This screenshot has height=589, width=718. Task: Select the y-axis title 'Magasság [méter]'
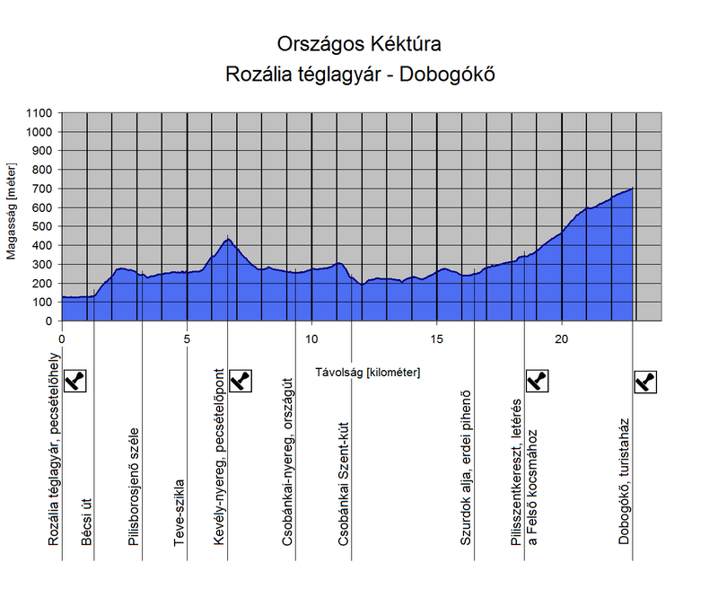point(12,217)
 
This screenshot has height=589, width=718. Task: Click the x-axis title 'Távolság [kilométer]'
point(368,371)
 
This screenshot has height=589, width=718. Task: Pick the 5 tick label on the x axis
point(187,338)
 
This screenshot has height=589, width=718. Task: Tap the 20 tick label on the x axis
point(562,338)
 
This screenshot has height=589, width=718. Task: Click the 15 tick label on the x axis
point(436,338)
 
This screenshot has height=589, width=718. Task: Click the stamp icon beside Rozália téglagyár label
point(77,382)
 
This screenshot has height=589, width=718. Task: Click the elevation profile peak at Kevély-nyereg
point(228,239)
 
